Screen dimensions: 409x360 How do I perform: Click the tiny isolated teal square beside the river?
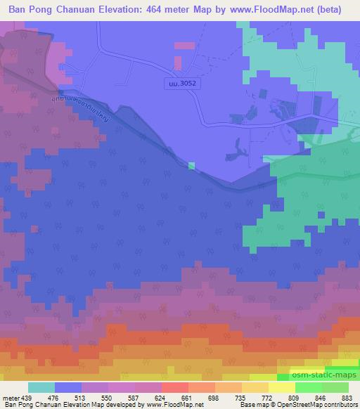[x=191, y=166]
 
